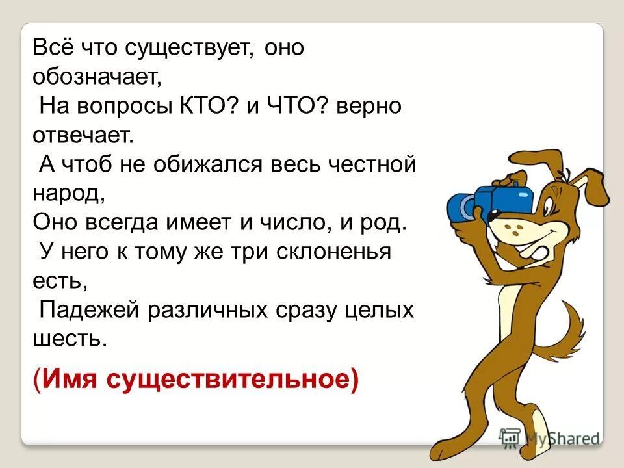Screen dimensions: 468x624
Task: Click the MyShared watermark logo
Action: pos(549,437)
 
